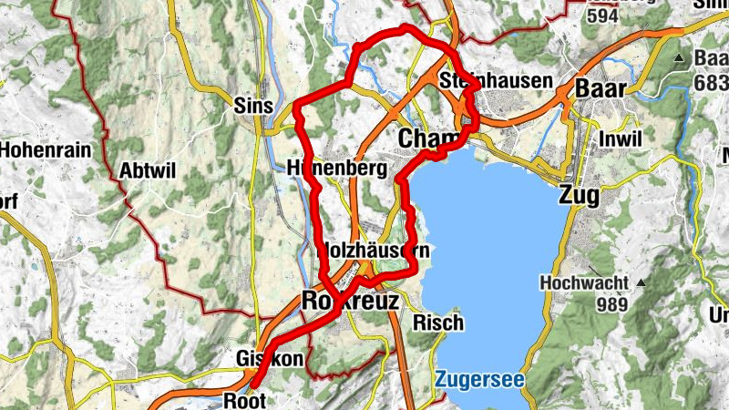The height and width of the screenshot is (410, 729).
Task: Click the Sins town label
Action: coord(253,105)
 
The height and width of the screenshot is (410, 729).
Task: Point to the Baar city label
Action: coord(601,88)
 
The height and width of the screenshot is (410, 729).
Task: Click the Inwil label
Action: coord(621,138)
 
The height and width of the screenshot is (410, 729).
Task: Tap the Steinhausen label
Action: coord(496,81)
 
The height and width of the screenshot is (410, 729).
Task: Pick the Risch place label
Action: coord(438,323)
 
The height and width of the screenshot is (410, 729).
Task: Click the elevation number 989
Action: coord(615,304)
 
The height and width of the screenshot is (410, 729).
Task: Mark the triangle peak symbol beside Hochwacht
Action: coord(641,282)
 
